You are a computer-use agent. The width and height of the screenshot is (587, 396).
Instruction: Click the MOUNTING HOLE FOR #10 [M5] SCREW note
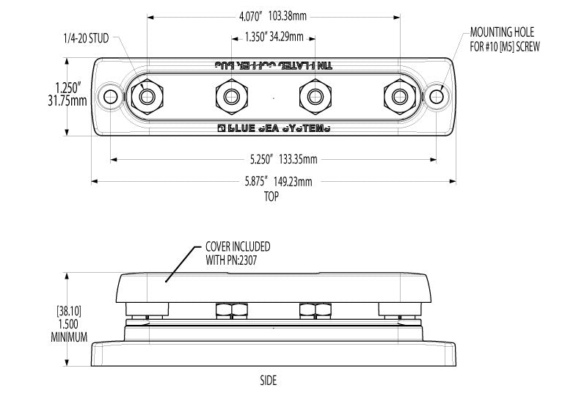pos(503,39)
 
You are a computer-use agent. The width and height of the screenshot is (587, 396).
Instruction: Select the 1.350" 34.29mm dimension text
pos(274,36)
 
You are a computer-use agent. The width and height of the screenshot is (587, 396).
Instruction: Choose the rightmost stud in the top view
pos(400,96)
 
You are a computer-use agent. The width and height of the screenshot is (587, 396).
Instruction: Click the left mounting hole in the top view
pos(111,96)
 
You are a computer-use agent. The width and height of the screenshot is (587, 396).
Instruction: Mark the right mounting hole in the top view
pos(437,96)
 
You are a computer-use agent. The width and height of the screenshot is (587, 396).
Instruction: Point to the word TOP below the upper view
pos(273,197)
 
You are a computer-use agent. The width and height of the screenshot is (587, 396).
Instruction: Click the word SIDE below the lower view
pos(269,380)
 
